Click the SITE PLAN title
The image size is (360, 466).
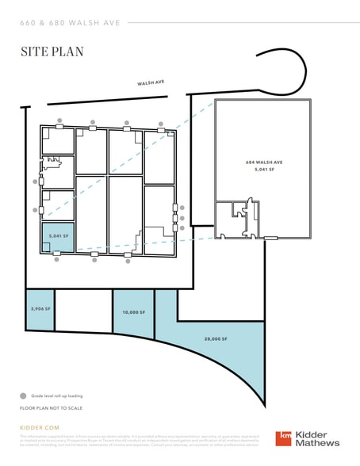(52, 52)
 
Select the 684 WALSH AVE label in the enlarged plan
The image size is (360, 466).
(263, 162)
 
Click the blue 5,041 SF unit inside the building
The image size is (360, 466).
(58, 237)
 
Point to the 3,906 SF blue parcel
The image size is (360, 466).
(40, 309)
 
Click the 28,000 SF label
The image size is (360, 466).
(215, 339)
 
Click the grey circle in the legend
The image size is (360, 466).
(23, 395)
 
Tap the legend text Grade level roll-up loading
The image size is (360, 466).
(57, 395)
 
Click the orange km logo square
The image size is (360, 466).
(284, 439)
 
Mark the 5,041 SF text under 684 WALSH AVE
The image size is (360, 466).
(263, 170)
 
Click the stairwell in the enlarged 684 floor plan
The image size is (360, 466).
(253, 212)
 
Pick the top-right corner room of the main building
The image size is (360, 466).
(159, 153)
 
